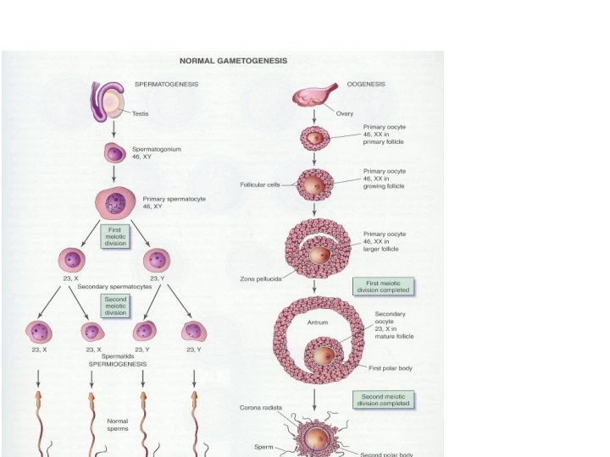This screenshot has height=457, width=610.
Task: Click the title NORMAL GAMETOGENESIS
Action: coord(231,61)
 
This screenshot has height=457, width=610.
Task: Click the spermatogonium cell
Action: coord(114,153)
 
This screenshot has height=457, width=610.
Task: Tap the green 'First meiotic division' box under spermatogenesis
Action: coord(114,236)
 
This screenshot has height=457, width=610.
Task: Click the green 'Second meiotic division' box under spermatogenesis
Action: coord(114,306)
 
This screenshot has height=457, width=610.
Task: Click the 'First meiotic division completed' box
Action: coord(383,286)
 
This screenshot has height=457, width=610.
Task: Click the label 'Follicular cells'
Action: coord(260,184)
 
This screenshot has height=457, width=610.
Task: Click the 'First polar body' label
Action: coord(392,368)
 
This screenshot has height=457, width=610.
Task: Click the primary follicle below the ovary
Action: coord(314,137)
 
